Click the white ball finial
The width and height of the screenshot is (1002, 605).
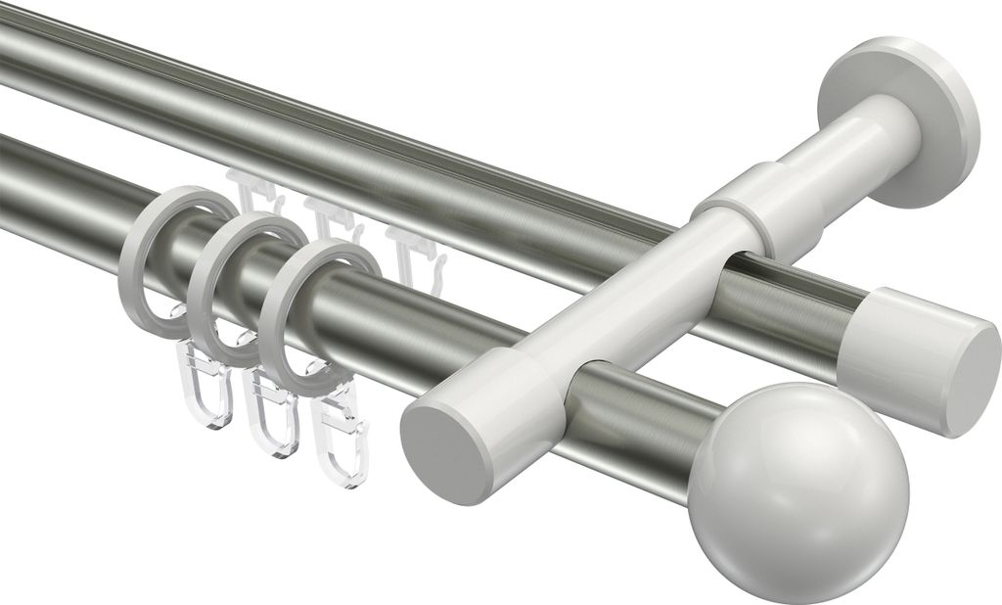tap(797, 478)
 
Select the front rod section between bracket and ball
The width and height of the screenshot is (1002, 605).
tap(646, 412)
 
